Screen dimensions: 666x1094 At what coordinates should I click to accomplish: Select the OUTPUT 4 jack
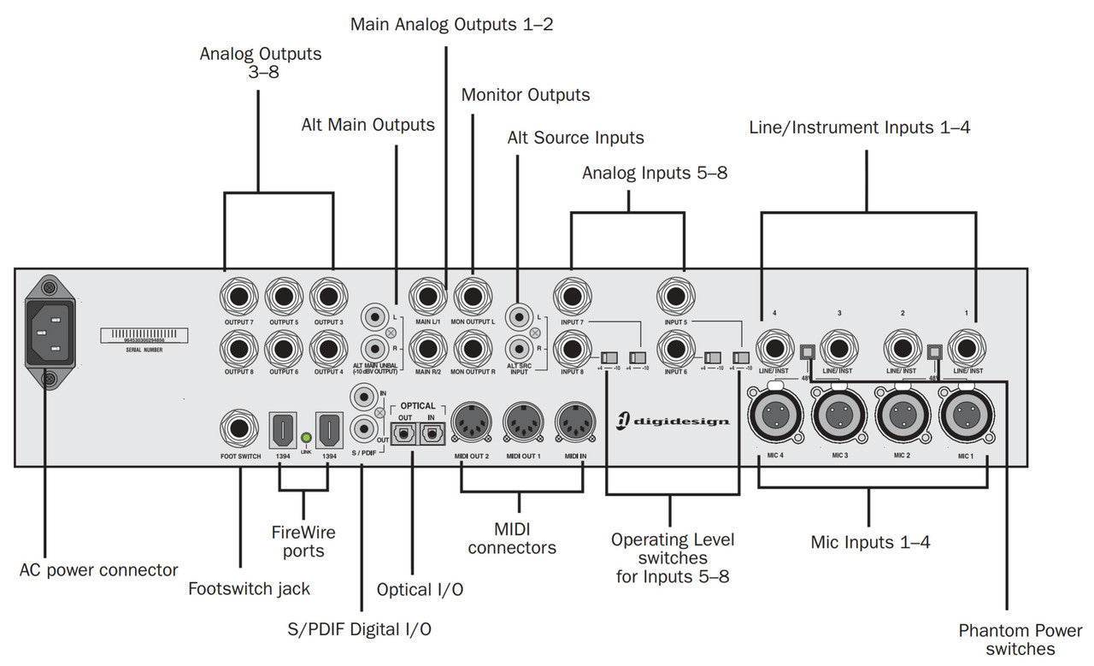point(328,349)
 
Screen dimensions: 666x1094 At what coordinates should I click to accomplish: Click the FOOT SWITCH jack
point(240,430)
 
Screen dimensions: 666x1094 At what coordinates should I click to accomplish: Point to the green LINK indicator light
point(306,438)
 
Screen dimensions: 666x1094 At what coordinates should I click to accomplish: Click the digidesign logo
point(675,420)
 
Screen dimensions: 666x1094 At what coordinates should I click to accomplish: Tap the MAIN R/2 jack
point(428,349)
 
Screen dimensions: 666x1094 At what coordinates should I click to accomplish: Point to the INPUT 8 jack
point(573,350)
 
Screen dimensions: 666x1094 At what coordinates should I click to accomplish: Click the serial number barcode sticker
point(144,335)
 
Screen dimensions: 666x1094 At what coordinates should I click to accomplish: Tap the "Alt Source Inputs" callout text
point(575,138)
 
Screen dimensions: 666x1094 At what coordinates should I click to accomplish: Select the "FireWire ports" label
point(303,542)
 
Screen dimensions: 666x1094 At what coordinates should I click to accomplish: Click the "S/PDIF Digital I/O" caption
point(360,630)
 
